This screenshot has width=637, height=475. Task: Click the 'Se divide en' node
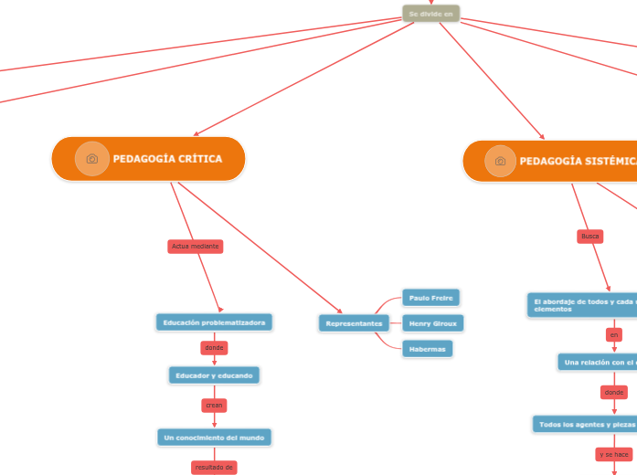click(430, 14)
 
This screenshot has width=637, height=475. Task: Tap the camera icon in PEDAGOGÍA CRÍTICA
click(92, 159)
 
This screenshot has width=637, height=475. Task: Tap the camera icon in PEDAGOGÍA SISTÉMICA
click(500, 162)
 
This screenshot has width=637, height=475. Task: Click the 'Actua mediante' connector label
click(196, 247)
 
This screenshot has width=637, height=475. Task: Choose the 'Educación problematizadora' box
click(215, 322)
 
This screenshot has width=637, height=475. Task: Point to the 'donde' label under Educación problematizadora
click(214, 348)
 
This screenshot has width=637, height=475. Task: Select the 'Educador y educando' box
click(215, 375)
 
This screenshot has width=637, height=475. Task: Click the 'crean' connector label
click(214, 405)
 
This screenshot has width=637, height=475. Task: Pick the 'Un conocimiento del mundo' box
click(215, 438)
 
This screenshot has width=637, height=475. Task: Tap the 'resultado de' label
click(214, 468)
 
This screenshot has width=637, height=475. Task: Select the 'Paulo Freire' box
click(430, 298)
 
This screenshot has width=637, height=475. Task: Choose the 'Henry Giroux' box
click(432, 323)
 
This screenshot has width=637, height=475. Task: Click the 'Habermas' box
click(427, 348)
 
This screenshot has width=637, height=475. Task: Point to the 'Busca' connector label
click(590, 237)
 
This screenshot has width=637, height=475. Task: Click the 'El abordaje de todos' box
click(582, 305)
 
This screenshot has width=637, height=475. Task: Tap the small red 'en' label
click(614, 335)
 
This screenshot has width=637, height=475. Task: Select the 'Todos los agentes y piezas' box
click(585, 425)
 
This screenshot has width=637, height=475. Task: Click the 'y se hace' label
click(613, 454)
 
